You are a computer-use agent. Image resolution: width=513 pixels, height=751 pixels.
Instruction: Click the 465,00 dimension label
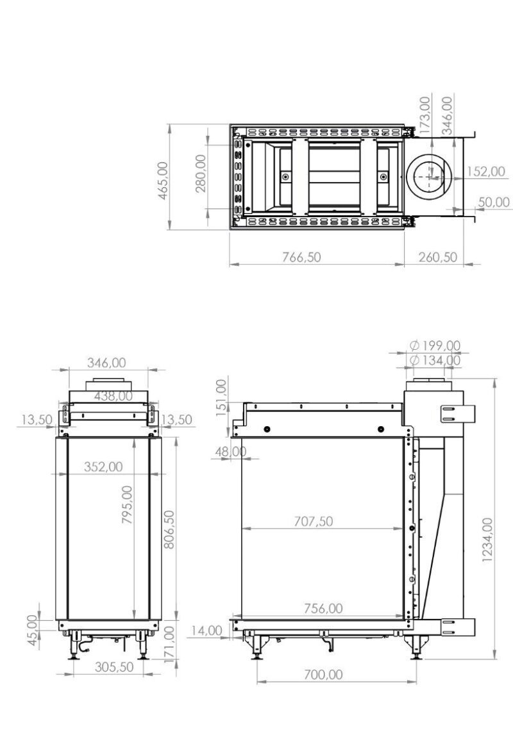point(163,181)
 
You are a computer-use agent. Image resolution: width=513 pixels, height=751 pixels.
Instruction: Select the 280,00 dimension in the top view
point(201,173)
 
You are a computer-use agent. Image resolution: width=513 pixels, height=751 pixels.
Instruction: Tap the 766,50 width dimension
point(301,257)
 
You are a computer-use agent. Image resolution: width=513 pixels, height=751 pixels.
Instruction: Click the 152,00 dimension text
point(485,171)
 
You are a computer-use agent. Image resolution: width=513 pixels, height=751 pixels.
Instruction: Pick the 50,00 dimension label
point(494,202)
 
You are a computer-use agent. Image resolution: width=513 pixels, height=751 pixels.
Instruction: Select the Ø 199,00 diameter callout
point(435,345)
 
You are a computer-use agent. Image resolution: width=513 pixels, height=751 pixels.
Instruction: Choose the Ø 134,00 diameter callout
point(435,360)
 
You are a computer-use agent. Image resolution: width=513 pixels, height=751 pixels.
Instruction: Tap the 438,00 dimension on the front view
point(113,396)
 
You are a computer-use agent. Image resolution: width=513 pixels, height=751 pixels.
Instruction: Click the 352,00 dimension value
point(104,466)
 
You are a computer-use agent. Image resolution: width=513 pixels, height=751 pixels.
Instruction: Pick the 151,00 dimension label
point(221,397)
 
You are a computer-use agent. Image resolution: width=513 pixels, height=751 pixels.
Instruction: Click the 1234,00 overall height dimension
point(488,540)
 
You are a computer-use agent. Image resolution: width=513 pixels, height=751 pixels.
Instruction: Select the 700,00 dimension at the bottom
point(324,674)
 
